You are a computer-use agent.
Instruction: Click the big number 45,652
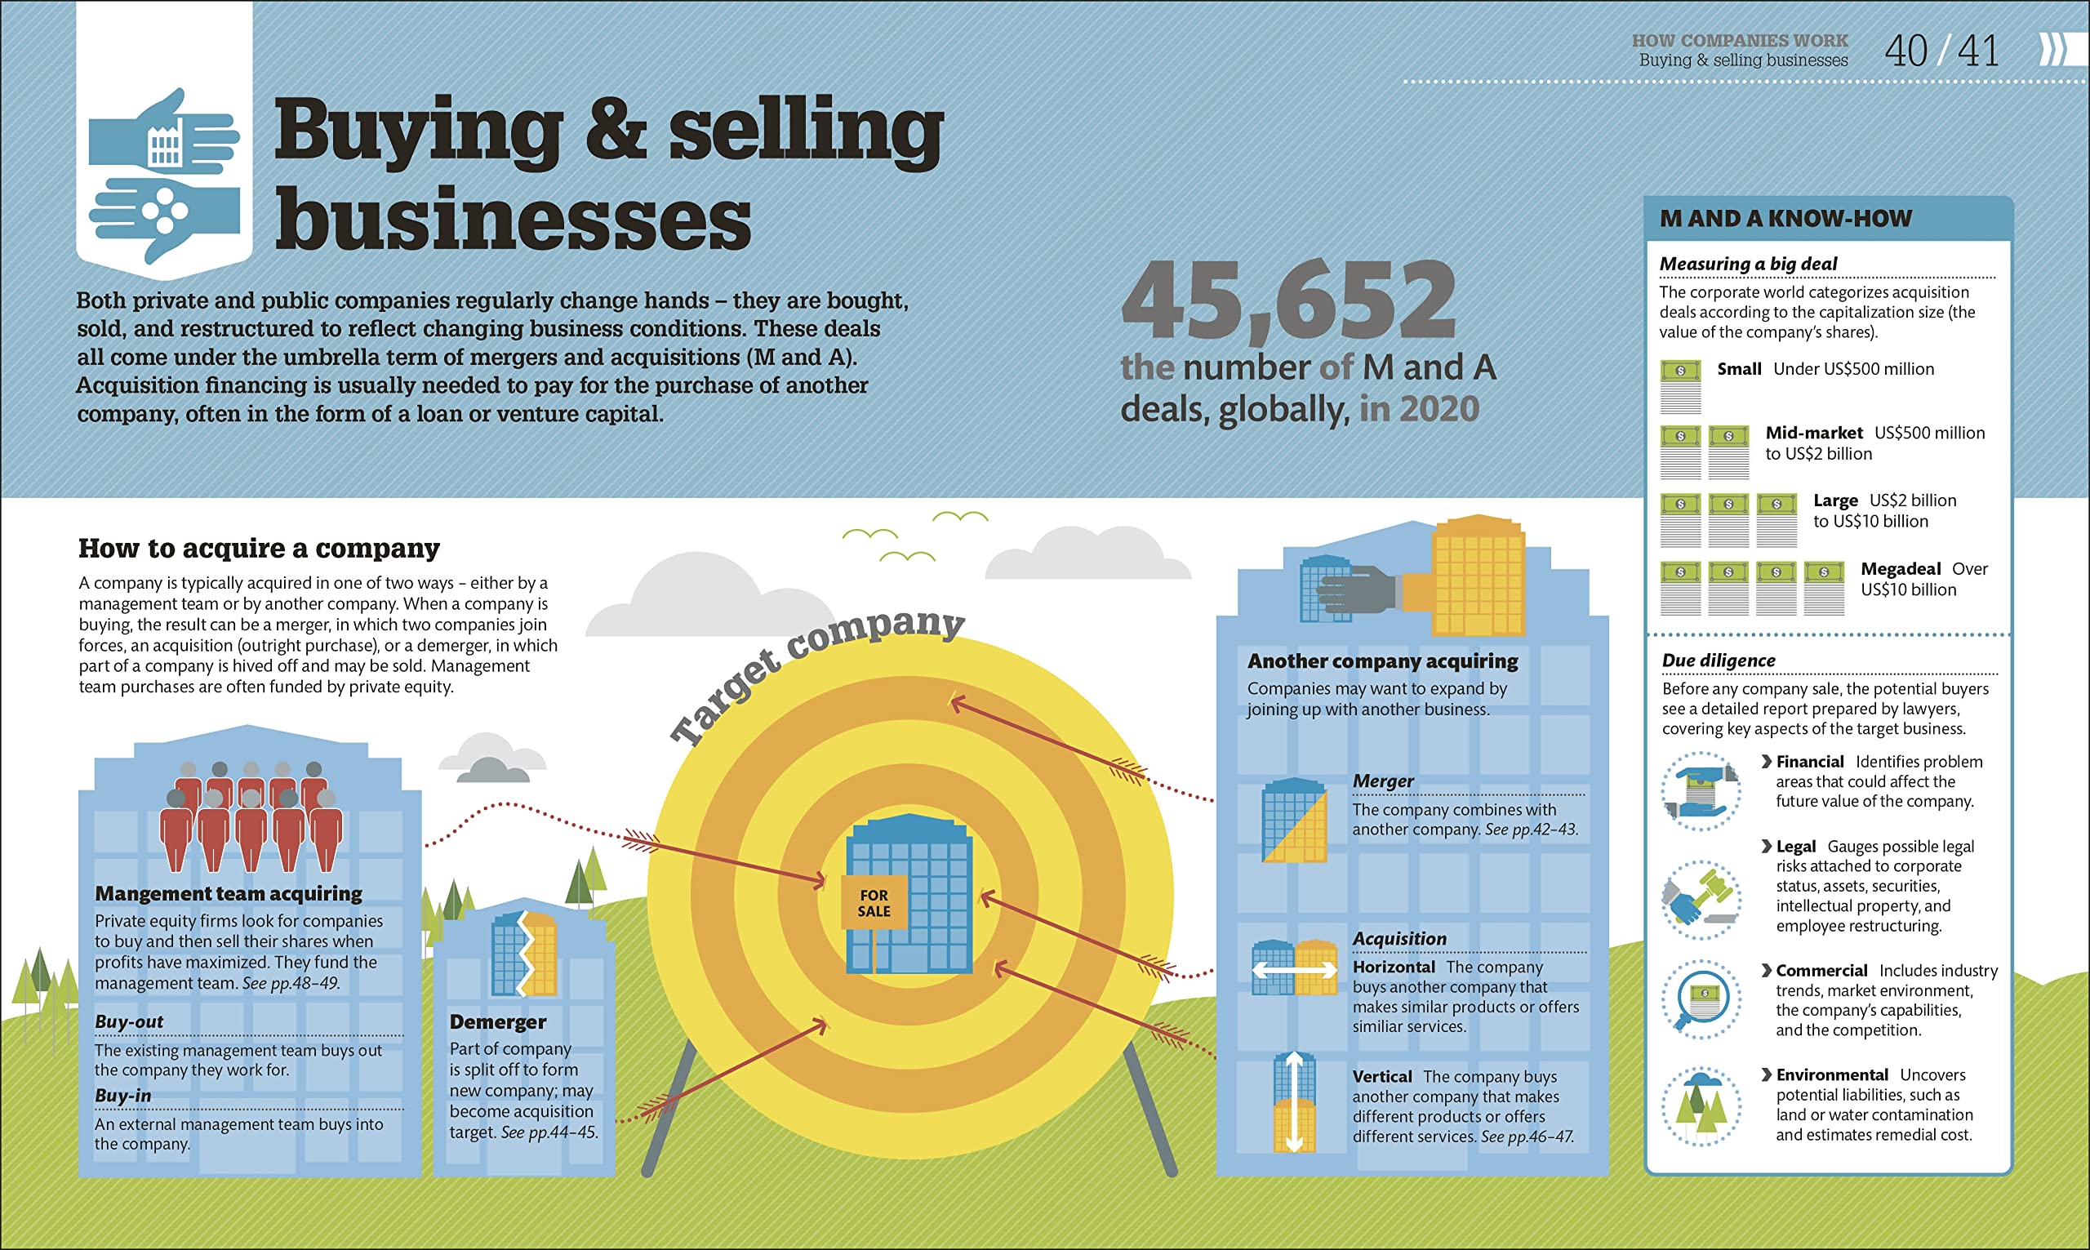point(1288,300)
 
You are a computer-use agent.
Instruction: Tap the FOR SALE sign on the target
point(874,903)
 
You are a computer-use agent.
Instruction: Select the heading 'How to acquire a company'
point(259,549)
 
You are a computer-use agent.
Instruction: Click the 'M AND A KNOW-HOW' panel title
point(1785,219)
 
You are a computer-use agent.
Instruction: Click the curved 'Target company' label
point(816,674)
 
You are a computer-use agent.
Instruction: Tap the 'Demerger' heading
point(498,1021)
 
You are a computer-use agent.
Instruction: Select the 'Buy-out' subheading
point(129,1021)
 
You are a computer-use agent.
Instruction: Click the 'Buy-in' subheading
point(123,1096)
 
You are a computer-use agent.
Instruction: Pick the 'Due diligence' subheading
point(1718,661)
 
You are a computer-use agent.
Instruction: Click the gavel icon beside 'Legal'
point(1700,900)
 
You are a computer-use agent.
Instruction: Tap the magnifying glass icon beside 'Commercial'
point(1700,999)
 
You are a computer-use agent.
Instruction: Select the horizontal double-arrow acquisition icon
point(1294,968)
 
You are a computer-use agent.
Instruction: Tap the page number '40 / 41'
point(1941,51)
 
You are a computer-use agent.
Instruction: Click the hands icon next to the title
point(164,176)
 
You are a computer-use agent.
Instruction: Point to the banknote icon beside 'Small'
point(1680,386)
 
